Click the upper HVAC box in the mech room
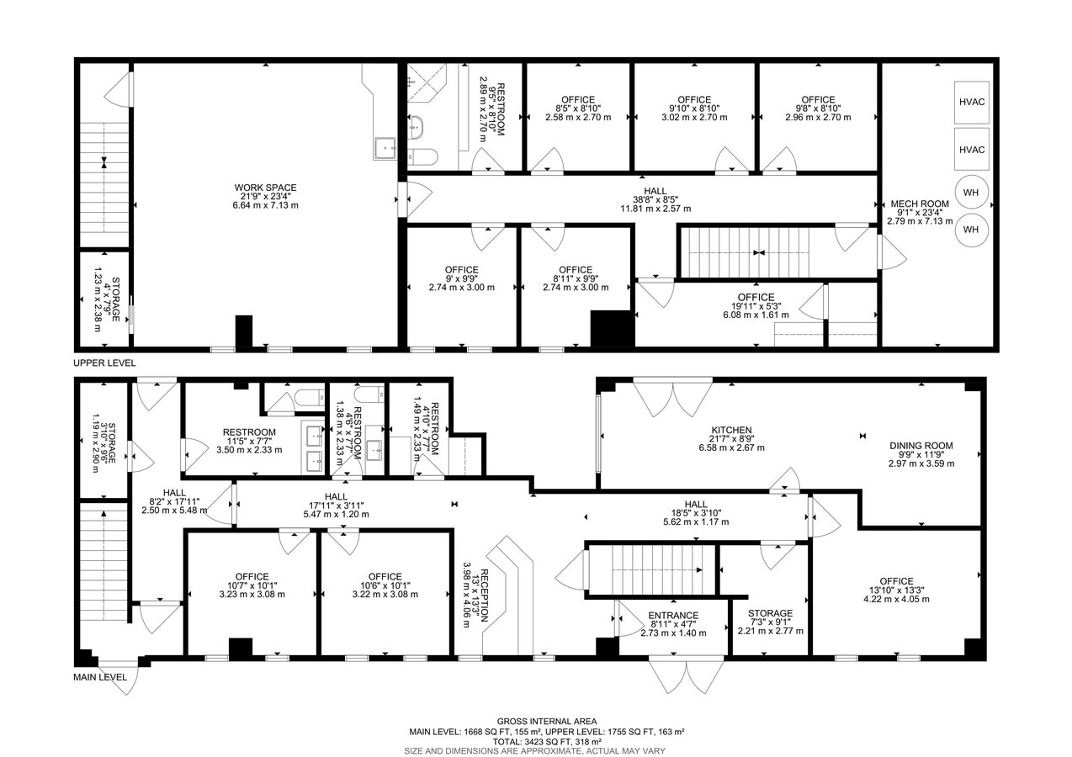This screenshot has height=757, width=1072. pyautogui.click(x=971, y=102)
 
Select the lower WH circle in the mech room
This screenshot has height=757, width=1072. pyautogui.click(x=970, y=229)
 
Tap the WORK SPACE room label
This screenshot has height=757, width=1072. pyautogui.click(x=265, y=188)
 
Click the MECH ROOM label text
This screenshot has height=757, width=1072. pyautogui.click(x=919, y=204)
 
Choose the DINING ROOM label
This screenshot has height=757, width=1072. pyautogui.click(x=921, y=446)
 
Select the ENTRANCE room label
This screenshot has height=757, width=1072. pyautogui.click(x=672, y=616)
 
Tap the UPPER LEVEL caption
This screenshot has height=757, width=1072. pyautogui.click(x=104, y=363)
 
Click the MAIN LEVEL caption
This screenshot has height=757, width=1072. pyautogui.click(x=99, y=677)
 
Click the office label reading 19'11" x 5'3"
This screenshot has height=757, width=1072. pyautogui.click(x=755, y=297)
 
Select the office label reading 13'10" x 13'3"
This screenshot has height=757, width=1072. pyautogui.click(x=895, y=581)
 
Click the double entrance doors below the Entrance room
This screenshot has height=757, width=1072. pyautogui.click(x=685, y=675)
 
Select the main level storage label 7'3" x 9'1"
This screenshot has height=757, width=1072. pyautogui.click(x=770, y=613)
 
